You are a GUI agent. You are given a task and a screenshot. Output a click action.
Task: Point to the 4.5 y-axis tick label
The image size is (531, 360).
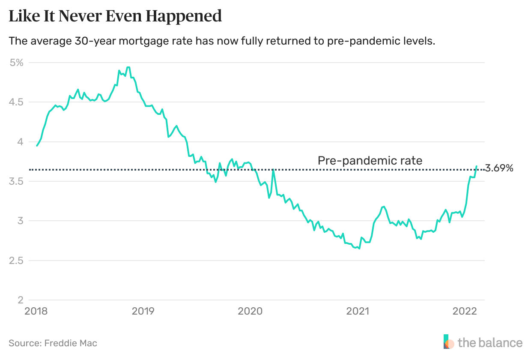[16, 102]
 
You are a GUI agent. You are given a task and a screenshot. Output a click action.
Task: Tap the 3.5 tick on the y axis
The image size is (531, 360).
[16, 181]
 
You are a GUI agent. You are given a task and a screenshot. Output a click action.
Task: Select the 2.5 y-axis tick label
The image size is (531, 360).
[16, 261]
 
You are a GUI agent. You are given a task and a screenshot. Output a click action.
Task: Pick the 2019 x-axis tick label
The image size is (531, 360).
[143, 311]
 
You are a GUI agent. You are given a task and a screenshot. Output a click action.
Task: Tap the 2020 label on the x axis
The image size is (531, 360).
[250, 311]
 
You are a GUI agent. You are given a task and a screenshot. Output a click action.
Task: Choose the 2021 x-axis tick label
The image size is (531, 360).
[358, 311]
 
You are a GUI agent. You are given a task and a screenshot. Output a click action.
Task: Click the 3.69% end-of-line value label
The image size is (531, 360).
[499, 168]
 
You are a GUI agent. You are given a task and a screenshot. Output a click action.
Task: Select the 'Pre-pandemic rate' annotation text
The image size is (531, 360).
[370, 161]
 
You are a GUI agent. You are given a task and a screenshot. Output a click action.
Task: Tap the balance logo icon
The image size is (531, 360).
[449, 342]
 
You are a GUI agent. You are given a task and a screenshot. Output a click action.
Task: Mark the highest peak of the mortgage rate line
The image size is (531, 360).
[128, 67]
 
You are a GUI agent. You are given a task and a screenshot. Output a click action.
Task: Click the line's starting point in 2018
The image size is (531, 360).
[37, 146]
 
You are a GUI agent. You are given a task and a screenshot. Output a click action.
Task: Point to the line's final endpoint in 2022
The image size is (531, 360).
[477, 166]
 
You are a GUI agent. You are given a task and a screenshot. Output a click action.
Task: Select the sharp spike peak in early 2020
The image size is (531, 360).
[273, 170]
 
